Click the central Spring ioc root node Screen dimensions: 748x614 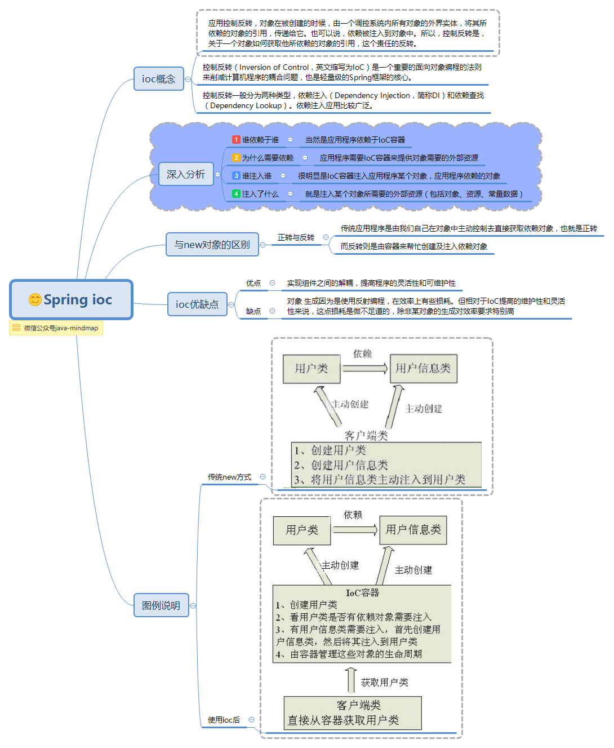pyautogui.click(x=72, y=300)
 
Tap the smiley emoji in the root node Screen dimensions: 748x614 pyautogui.click(x=35, y=300)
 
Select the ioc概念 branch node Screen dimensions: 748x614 pyautogui.click(x=158, y=79)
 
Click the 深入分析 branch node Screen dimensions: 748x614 pyautogui.click(x=185, y=174)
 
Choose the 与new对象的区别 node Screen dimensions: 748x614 pyautogui.click(x=212, y=245)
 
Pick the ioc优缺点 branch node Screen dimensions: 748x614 pyautogui.click(x=197, y=304)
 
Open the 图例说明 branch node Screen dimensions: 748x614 pyautogui.click(x=161, y=605)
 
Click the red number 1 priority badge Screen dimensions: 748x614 pyautogui.click(x=236, y=140)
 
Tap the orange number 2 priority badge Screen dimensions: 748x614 pyautogui.click(x=236, y=158)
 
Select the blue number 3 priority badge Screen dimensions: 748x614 pyautogui.click(x=236, y=176)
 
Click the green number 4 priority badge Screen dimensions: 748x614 pyautogui.click(x=236, y=194)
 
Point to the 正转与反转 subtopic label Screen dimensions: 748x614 pyautogui.click(x=296, y=238)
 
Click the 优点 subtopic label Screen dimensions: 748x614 pyautogui.click(x=253, y=283)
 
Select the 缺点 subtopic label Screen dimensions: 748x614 pyautogui.click(x=253, y=311)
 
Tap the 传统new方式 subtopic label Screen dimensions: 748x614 pyautogui.click(x=229, y=477)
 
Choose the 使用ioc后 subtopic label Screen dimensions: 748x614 pyautogui.click(x=224, y=720)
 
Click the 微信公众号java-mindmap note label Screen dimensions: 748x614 pyautogui.click(x=56, y=328)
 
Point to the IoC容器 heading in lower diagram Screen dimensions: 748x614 pyautogui.click(x=362, y=592)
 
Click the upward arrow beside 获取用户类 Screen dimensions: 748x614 pyautogui.click(x=351, y=680)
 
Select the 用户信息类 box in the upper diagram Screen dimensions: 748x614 pyautogui.click(x=423, y=369)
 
